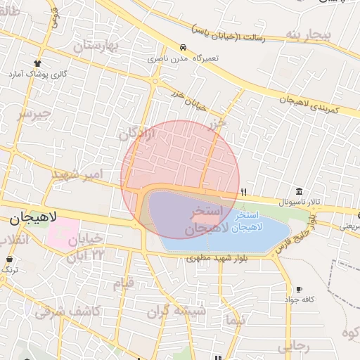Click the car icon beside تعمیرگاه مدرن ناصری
click(183, 48)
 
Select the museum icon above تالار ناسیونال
click(300, 192)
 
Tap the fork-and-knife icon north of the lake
click(244, 191)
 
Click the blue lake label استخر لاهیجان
click(250, 221)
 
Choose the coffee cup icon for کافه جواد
click(299, 289)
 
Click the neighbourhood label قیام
click(123, 284)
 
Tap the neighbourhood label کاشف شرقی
click(67, 310)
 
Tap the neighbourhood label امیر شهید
click(78, 173)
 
